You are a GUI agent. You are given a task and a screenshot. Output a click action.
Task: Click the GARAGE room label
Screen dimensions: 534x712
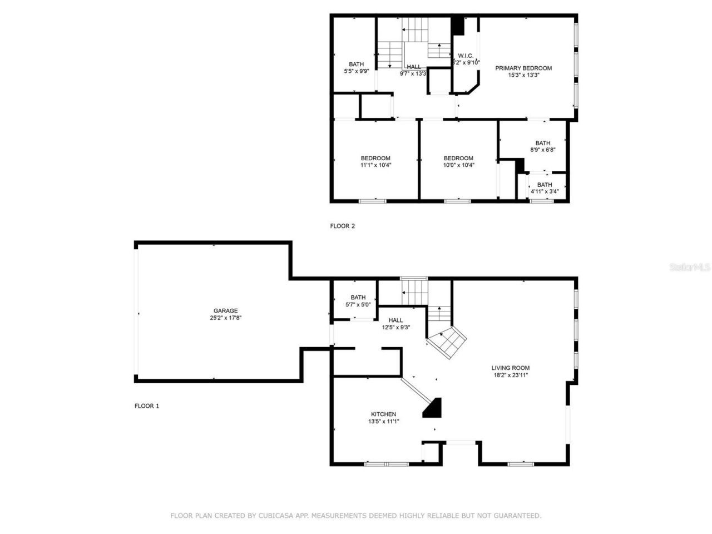click(x=225, y=311)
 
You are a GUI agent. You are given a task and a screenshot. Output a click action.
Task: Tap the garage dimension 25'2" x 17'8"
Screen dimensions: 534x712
click(x=225, y=318)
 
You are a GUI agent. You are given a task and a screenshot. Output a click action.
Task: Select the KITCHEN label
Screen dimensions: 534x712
click(x=383, y=414)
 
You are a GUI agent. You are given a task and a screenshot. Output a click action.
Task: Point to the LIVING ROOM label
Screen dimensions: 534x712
click(x=510, y=368)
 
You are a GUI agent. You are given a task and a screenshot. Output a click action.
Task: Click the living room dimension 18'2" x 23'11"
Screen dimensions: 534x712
click(x=510, y=375)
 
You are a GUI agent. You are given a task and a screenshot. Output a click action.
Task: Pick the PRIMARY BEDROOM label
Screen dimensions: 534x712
click(x=523, y=68)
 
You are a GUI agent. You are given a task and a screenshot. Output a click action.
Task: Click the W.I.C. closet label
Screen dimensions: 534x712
click(x=466, y=56)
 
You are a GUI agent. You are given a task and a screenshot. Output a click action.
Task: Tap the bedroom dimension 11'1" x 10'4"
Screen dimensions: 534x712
click(x=375, y=165)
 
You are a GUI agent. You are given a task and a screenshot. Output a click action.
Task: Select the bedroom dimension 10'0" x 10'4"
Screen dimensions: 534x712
click(x=458, y=165)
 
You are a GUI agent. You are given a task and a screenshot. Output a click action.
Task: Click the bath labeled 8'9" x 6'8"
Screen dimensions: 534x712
click(x=542, y=146)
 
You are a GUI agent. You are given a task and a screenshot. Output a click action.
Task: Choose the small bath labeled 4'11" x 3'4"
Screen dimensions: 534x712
click(x=544, y=188)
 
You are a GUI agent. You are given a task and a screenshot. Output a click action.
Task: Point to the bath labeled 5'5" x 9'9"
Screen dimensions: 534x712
click(x=357, y=68)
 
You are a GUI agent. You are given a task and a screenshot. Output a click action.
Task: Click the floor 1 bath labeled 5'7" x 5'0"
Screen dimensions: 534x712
click(x=358, y=301)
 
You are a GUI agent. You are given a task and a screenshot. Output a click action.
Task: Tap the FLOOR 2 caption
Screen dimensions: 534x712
click(x=342, y=226)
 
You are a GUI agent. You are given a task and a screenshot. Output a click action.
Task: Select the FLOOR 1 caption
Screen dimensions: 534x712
click(x=147, y=406)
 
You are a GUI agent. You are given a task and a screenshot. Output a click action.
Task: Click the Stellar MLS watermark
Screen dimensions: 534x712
click(x=690, y=268)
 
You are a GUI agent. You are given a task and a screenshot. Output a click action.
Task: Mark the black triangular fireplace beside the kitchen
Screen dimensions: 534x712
click(x=433, y=409)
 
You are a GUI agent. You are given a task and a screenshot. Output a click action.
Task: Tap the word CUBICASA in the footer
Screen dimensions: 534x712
click(x=276, y=516)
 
